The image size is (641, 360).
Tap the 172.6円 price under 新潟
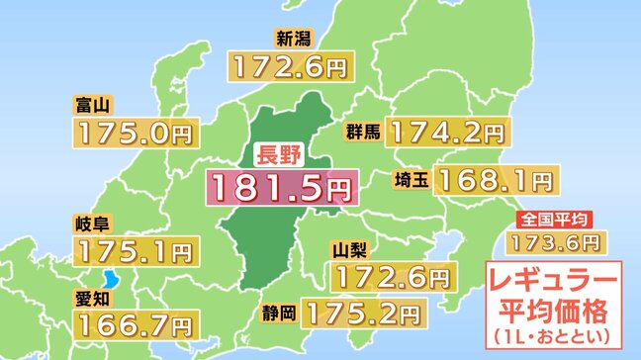(289, 66)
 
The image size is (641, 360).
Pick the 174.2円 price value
(448, 132)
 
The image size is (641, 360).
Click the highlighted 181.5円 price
(279, 185)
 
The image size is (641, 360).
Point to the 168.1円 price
(496, 179)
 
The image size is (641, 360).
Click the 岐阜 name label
(91, 222)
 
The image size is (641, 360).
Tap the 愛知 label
(91, 295)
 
